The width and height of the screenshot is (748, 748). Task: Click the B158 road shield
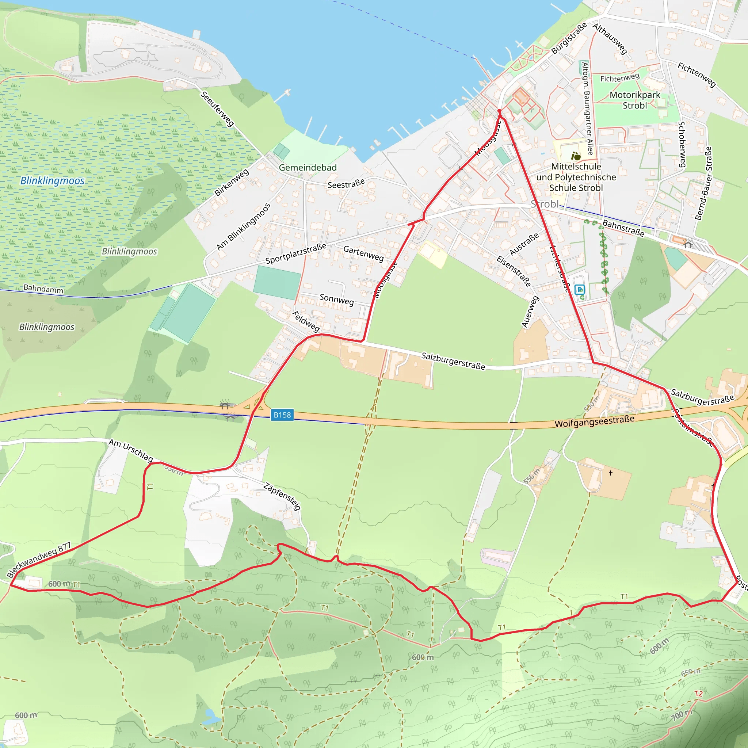point(282,415)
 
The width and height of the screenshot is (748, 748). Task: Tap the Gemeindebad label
point(308,168)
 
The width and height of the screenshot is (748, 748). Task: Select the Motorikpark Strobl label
point(635,100)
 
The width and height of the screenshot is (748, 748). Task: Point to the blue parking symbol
point(580,289)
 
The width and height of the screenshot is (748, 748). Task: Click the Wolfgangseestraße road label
point(594,421)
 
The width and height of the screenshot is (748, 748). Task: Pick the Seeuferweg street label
point(217,109)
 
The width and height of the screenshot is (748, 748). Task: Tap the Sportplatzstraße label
point(296,254)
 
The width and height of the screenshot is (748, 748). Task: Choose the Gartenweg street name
point(363,253)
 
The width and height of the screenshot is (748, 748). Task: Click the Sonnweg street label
point(336,299)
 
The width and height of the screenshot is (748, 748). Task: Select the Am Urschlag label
point(130,450)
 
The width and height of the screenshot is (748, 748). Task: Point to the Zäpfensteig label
point(282,496)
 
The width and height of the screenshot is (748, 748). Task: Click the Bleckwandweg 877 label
point(39,560)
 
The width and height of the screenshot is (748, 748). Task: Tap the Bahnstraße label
point(623,228)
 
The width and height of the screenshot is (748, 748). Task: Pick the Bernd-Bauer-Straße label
point(703,183)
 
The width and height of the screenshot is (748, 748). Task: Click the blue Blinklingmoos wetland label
point(52,181)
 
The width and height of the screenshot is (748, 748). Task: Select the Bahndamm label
point(43,289)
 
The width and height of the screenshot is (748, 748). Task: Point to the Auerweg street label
point(530,312)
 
